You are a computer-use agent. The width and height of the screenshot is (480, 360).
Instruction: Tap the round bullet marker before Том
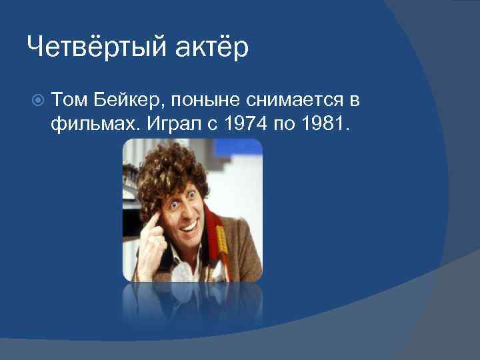pyautogui.click(x=38, y=101)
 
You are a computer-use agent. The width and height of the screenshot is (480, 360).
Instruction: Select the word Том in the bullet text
pyautogui.click(x=68, y=101)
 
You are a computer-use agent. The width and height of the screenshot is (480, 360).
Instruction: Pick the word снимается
pyautogui.click(x=295, y=101)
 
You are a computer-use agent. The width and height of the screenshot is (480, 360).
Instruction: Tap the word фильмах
pyautogui.click(x=85, y=124)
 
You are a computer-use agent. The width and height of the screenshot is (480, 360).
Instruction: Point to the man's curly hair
pyautogui.click(x=173, y=167)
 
